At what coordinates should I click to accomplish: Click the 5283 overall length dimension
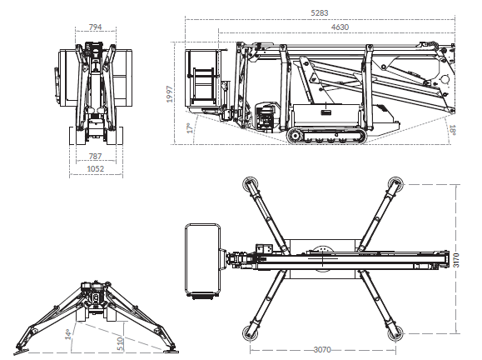coord(320,13)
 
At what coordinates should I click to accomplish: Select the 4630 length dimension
coord(340,27)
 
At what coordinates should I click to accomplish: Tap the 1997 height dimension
coord(170,94)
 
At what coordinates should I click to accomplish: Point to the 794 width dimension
coord(95,27)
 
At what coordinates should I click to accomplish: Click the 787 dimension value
coord(95,157)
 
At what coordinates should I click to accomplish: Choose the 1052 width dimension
coord(96,169)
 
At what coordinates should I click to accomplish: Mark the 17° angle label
coord(191,127)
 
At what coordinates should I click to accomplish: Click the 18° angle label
coord(452,130)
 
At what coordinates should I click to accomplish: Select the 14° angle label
coord(68,334)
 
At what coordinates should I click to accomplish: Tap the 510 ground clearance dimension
coord(121,344)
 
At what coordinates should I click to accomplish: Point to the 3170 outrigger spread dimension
coord(456,260)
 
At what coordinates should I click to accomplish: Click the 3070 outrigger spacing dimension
coord(322,350)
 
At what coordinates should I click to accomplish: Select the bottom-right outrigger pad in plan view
coord(395,334)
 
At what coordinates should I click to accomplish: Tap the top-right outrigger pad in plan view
coord(395,183)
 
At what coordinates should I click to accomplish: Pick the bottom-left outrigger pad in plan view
coord(250,334)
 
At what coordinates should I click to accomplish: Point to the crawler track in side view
coord(327,136)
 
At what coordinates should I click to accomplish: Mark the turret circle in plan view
coord(322,257)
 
